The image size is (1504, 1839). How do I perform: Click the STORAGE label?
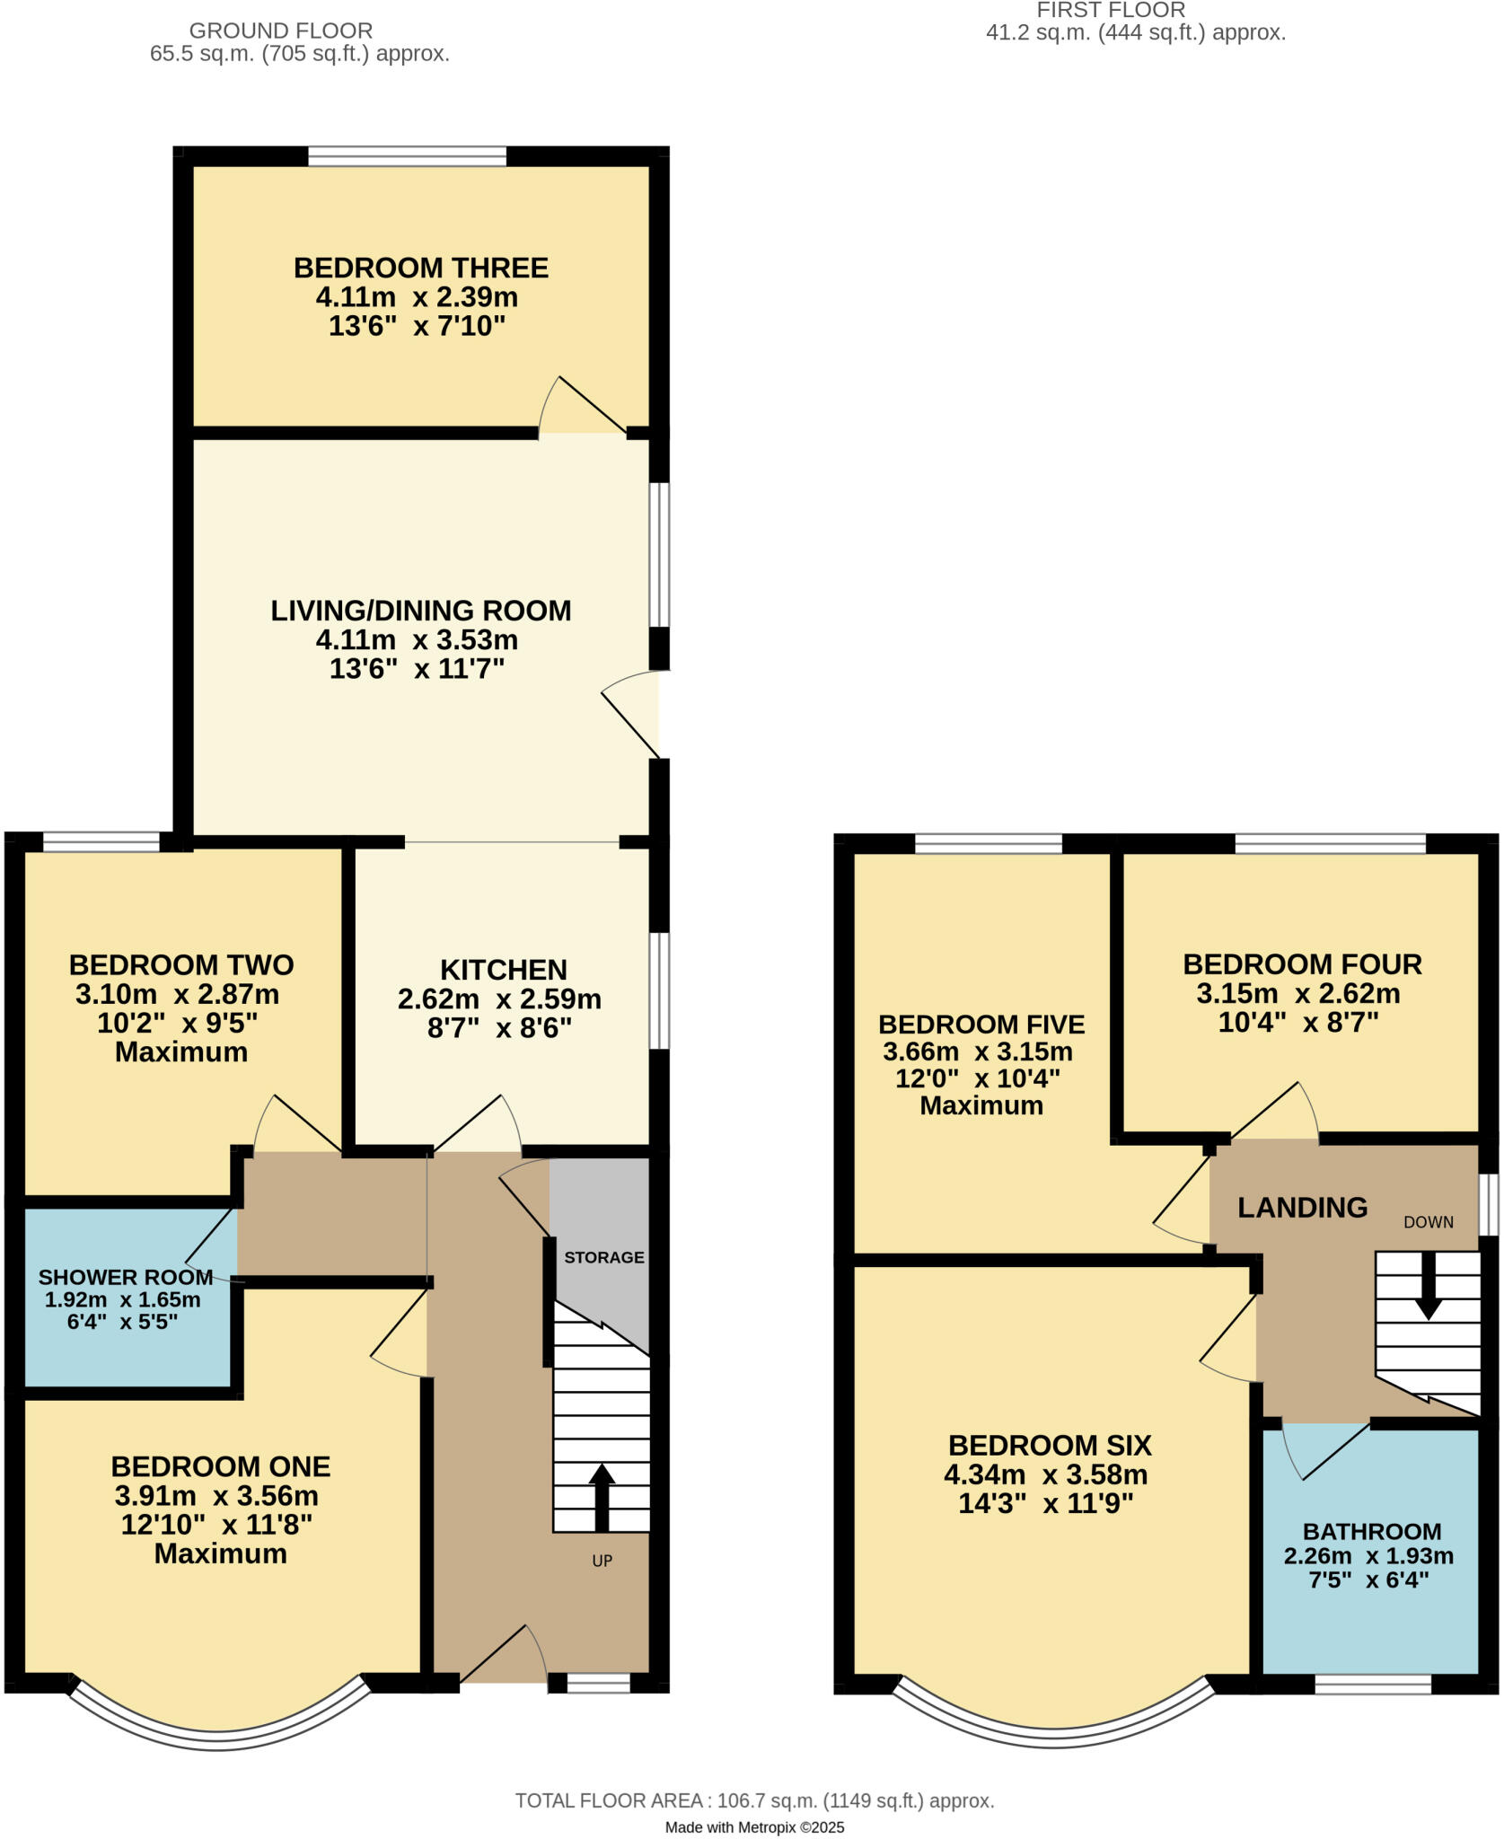pos(603,1257)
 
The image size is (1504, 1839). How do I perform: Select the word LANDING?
pos(1302,1208)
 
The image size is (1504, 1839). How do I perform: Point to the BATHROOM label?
pos(1372,1531)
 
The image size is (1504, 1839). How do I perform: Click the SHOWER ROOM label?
pos(126,1277)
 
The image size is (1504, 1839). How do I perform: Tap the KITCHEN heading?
pos(503,970)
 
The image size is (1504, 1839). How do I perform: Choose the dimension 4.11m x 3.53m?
pos(417,640)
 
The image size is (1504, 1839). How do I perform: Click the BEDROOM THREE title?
pos(420,268)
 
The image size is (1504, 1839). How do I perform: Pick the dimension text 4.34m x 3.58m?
pos(1045,1474)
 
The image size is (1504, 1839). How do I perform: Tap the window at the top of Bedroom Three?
pos(407,156)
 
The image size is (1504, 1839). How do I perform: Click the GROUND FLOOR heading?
pos(280,31)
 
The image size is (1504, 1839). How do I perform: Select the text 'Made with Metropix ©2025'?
pos(754,1826)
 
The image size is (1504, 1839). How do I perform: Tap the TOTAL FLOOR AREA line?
pos(754,1800)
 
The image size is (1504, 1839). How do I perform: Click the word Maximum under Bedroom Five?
pos(981,1105)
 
